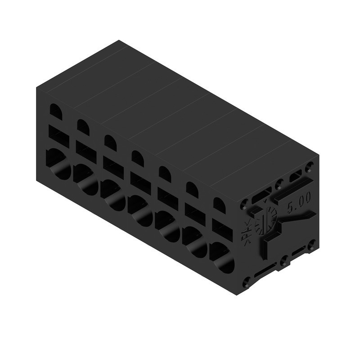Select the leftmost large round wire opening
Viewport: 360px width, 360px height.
click(x=58, y=164)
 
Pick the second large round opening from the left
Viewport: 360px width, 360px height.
click(x=85, y=180)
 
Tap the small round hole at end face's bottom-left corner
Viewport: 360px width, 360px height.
click(x=246, y=283)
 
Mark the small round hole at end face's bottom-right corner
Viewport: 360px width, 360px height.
click(x=311, y=245)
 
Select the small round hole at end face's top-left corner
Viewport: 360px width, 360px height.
click(x=244, y=204)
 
